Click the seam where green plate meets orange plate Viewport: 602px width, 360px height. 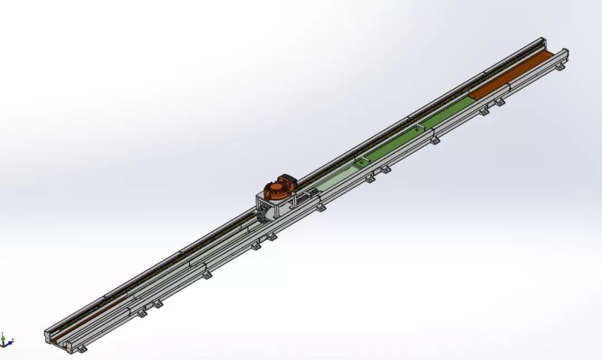470,96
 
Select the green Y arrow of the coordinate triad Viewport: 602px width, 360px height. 3,337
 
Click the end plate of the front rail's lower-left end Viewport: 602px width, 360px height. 69,349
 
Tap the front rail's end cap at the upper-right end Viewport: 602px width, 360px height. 564,56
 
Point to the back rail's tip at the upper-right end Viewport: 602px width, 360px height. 543,40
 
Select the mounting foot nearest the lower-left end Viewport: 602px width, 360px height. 83,351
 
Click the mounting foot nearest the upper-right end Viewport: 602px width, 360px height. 500,101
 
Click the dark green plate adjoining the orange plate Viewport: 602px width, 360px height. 446,111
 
